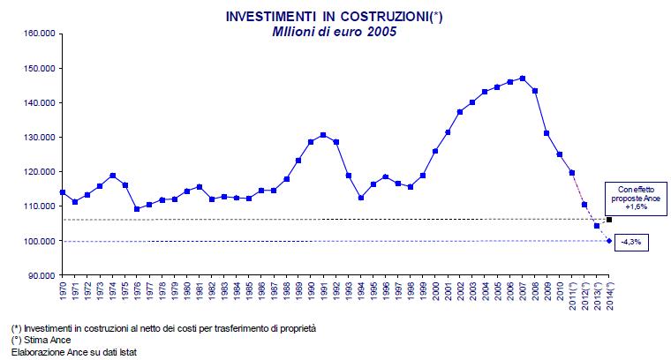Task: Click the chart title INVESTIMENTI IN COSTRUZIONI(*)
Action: click(x=335, y=17)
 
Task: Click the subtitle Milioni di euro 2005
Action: click(x=335, y=32)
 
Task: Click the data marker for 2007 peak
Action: click(x=523, y=79)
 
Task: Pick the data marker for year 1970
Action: click(x=62, y=192)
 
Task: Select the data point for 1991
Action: click(x=323, y=135)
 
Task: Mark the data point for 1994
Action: click(x=360, y=198)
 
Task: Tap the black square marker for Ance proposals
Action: click(x=609, y=219)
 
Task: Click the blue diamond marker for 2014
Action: click(x=609, y=241)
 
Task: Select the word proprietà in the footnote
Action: click(x=297, y=327)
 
